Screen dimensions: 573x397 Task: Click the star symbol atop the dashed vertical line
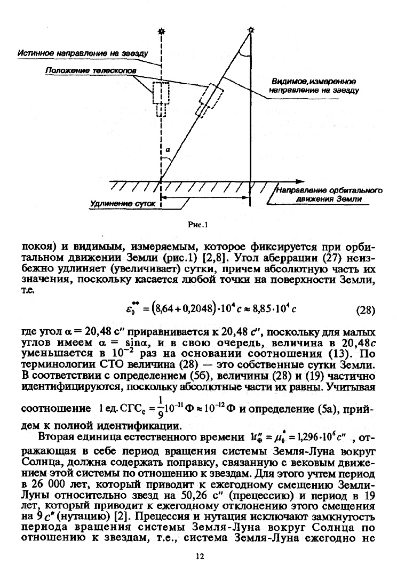[x=161, y=31]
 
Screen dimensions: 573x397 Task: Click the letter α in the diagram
[x=167, y=151]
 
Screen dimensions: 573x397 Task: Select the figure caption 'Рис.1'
[x=197, y=225]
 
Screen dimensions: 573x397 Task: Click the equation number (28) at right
[x=364, y=310]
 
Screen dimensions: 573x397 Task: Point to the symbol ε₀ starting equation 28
[x=129, y=308]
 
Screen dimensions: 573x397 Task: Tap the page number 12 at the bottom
[x=200, y=557]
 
